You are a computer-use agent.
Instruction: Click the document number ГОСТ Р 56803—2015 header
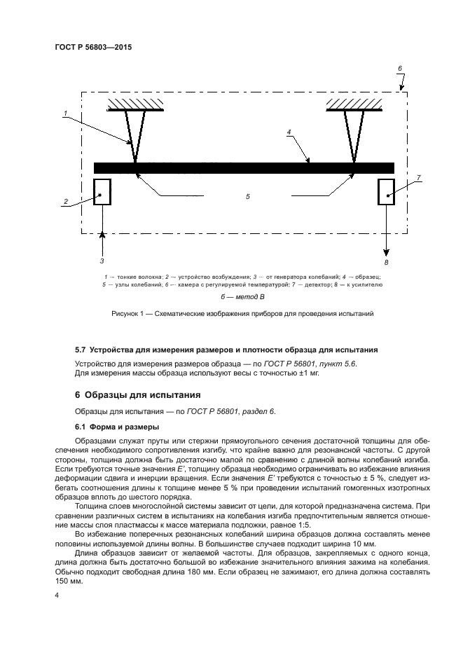pos(92,47)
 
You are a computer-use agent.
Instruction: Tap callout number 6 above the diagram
pos(400,69)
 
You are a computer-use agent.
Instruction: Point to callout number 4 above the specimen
pos(289,131)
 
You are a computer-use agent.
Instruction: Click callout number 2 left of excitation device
pos(65,202)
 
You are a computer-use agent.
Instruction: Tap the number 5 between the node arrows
pos(247,198)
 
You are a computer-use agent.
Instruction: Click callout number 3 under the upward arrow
pos(102,260)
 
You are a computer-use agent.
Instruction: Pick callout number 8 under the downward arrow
pos(386,261)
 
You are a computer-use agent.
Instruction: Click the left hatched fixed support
pos(135,104)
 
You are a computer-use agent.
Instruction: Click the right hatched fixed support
pos(354,104)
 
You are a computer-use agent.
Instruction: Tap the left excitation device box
pos(102,191)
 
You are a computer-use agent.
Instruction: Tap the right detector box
pos(386,191)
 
